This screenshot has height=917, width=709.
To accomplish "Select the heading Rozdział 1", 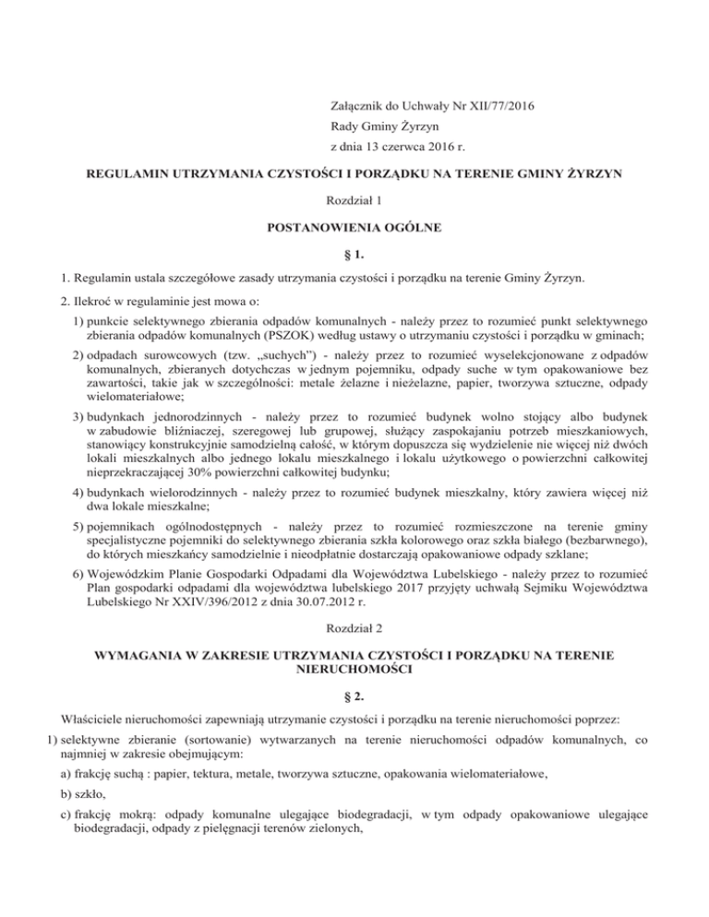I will tap(354, 198).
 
